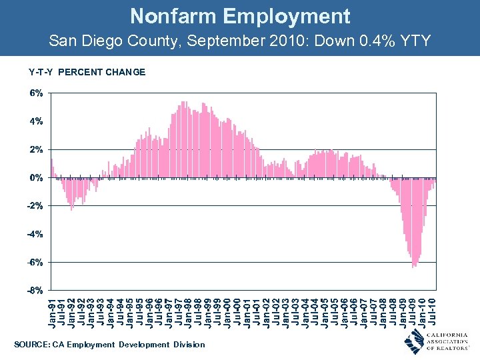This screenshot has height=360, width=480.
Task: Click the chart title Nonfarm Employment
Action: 240,16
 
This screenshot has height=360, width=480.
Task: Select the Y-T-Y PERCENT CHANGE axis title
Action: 87,72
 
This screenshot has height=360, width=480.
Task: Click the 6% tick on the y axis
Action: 36,94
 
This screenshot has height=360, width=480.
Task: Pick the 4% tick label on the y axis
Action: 36,122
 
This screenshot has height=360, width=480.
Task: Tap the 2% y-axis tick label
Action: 36,150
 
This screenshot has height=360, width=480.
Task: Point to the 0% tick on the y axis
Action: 36,178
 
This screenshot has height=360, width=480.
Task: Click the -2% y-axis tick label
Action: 35,206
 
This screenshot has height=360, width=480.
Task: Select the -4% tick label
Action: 35,234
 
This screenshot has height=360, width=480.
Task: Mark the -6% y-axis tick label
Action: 35,263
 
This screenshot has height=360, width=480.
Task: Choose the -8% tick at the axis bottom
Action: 35,291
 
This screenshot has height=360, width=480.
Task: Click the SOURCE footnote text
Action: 109,344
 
